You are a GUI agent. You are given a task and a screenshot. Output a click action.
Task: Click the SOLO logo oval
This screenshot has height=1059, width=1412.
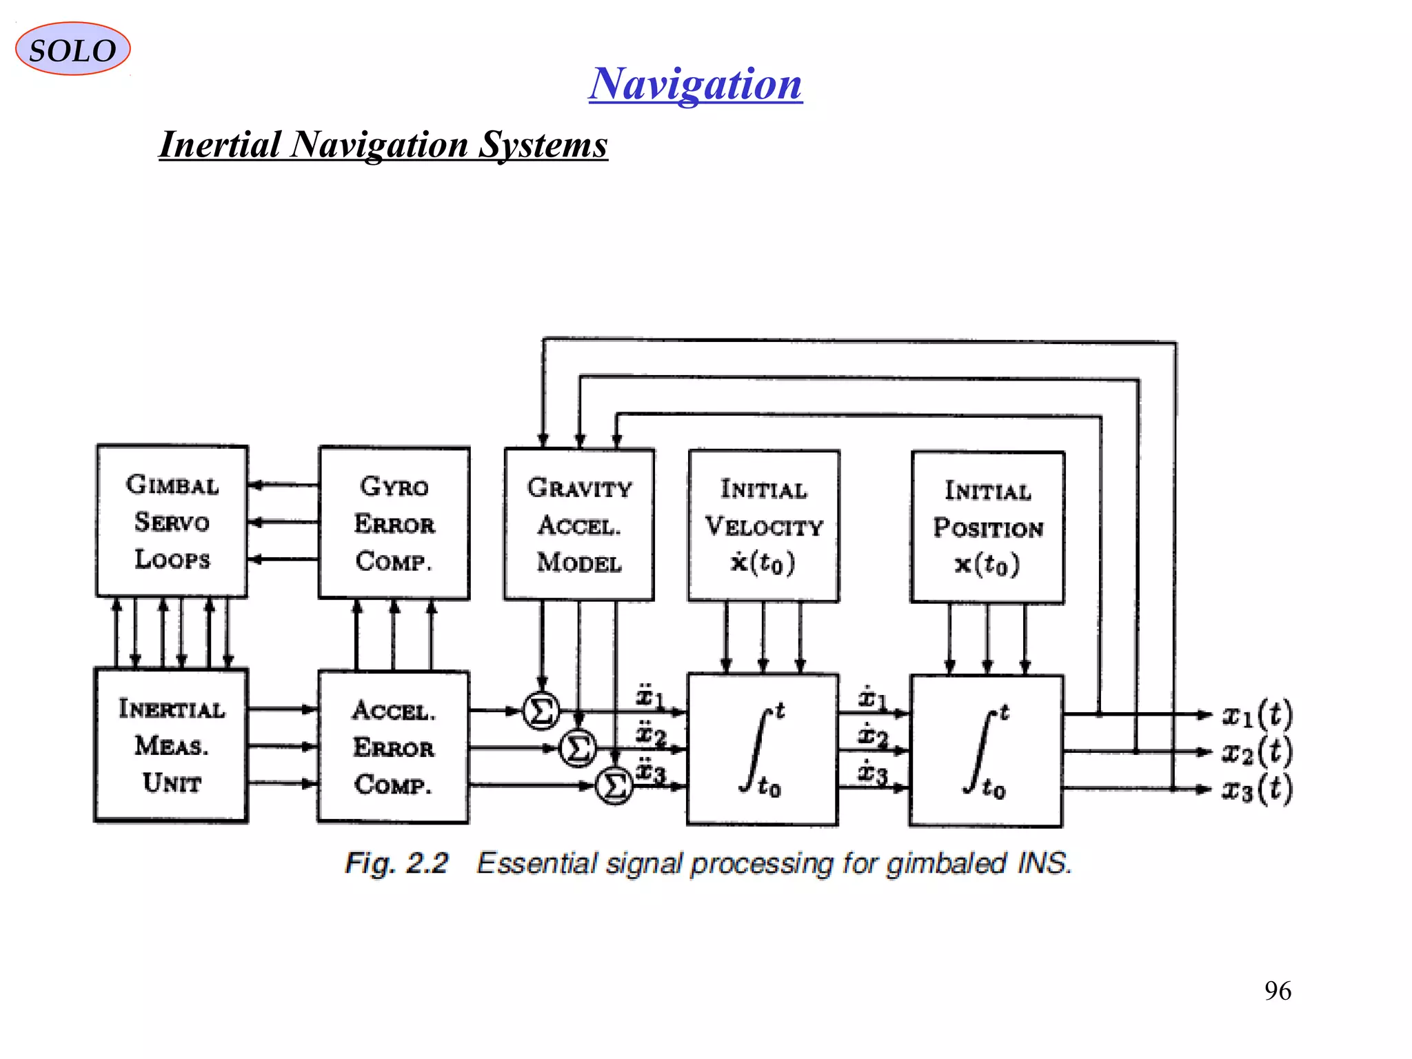coord(72,49)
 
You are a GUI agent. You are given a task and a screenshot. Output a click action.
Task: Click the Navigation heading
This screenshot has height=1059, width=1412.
coord(695,84)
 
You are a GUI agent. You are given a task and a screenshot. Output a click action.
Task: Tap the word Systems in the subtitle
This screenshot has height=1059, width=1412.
coord(543,145)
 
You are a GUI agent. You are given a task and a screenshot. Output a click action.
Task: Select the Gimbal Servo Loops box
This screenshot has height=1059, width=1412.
coord(172,521)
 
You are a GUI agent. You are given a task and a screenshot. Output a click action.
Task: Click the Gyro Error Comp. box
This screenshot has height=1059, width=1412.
coord(394,523)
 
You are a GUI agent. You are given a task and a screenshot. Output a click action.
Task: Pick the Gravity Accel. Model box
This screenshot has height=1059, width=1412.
coord(579,525)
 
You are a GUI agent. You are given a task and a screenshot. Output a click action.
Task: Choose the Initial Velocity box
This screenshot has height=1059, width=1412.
coord(764,526)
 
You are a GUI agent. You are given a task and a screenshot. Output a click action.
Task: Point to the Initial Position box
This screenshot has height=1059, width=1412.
coord(987,527)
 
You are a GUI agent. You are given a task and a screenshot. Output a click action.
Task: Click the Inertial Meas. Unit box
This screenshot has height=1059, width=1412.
coord(171,745)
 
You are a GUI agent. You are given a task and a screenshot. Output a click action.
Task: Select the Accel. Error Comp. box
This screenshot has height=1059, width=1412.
coord(394,747)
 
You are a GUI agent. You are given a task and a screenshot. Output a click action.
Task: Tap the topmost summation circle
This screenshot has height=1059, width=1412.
coord(541,711)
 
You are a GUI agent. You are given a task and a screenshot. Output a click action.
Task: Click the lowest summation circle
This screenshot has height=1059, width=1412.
coord(614,785)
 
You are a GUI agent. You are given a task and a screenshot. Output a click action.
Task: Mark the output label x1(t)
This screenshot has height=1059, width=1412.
coord(1256,715)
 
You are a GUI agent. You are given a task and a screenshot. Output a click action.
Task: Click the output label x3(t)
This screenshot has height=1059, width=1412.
coord(1256,789)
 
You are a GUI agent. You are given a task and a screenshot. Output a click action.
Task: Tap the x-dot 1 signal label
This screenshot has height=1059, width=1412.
coord(871,698)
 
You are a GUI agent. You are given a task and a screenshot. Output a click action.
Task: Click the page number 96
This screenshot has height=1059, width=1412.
coord(1278,991)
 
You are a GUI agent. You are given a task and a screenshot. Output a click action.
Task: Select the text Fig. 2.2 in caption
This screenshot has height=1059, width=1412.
coord(396,863)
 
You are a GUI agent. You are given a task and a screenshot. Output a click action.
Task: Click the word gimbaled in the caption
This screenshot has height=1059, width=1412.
coord(946,863)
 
